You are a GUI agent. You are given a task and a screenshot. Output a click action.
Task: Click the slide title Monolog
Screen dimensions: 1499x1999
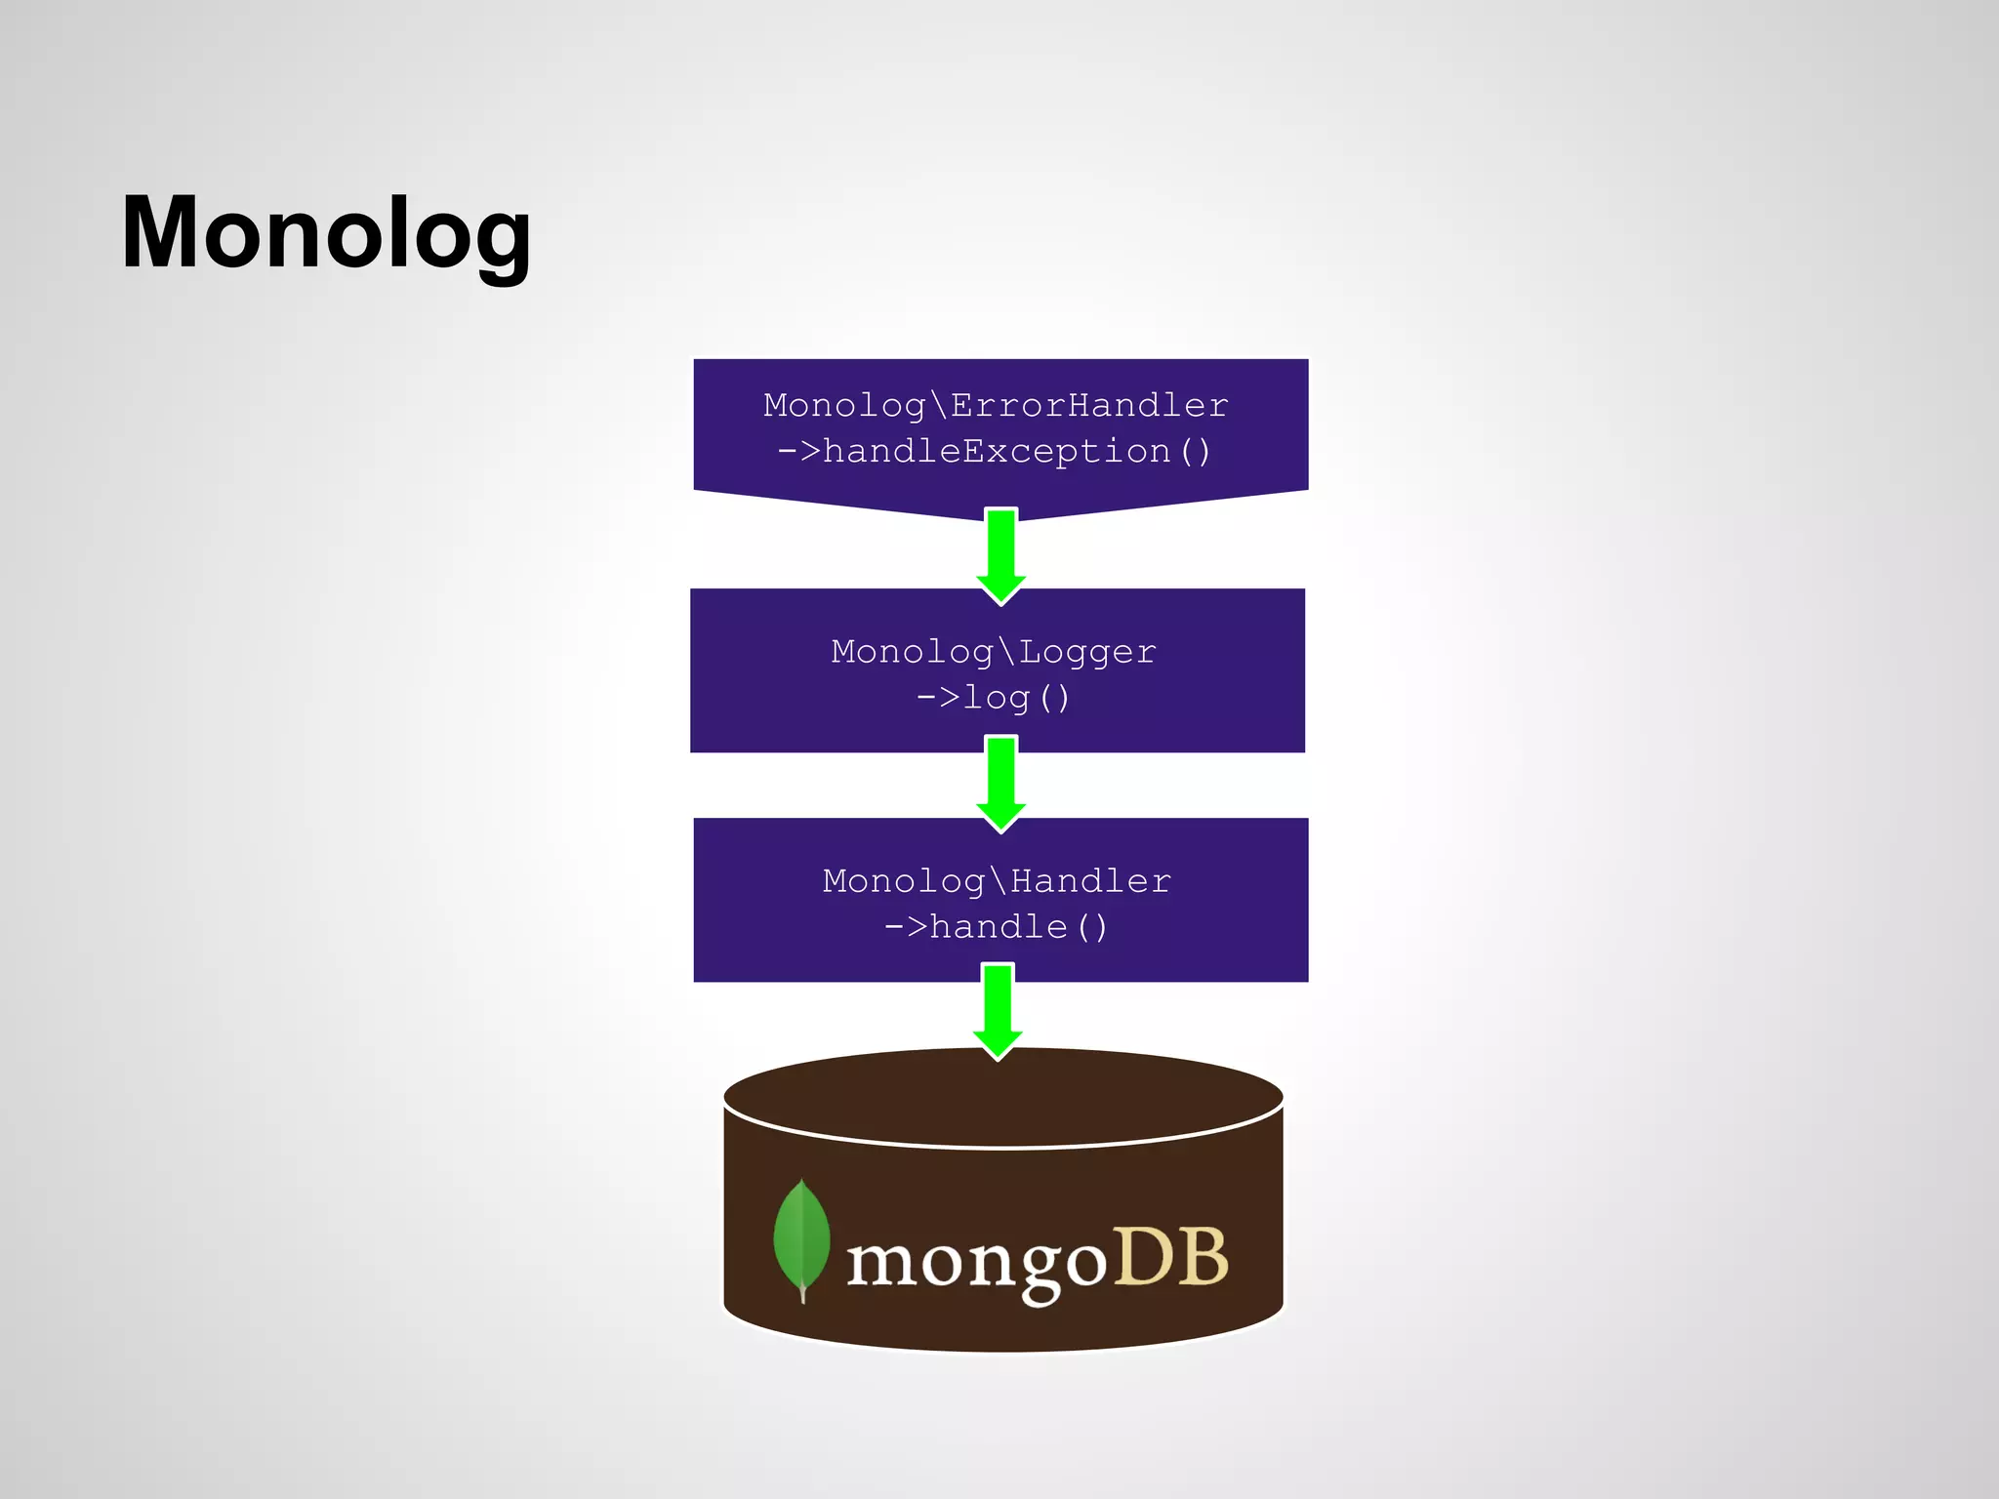326,234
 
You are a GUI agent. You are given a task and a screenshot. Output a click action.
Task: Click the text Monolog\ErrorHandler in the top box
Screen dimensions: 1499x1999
996,405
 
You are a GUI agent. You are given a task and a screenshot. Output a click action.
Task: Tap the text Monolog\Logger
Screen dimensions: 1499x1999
994,651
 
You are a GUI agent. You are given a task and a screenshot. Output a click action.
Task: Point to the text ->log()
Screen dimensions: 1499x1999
994,698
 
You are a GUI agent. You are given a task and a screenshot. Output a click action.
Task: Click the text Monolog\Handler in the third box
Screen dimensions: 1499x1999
997,881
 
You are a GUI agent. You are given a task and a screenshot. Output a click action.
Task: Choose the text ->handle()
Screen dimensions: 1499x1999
996,927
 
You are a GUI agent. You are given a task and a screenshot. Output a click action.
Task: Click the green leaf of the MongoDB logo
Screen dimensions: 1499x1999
800,1235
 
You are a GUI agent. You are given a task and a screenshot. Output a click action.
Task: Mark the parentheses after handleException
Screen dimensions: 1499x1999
1196,452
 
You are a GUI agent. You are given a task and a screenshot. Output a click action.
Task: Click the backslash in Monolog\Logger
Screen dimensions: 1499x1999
1006,651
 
